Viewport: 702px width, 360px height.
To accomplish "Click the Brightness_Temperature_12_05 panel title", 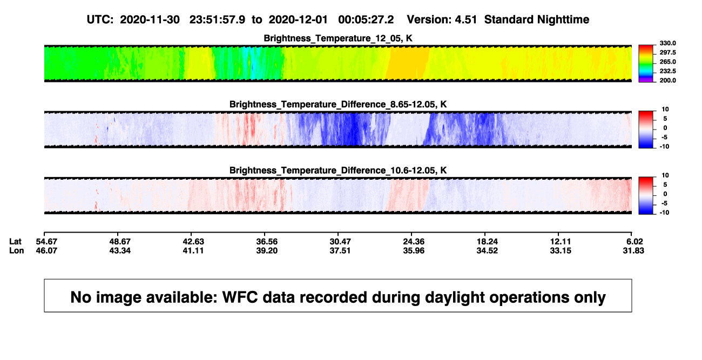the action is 338,38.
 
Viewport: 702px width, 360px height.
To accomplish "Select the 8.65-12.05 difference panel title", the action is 338,104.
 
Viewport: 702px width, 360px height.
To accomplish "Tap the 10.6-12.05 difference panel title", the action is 338,171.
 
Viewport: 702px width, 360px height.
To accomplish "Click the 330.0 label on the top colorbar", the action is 667,43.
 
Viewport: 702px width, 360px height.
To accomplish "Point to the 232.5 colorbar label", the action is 667,71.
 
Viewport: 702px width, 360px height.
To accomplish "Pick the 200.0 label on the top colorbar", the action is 667,80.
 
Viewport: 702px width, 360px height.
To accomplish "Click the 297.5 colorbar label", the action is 667,53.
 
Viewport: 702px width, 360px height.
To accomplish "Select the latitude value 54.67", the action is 46,242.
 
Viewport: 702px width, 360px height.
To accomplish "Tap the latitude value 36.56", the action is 267,242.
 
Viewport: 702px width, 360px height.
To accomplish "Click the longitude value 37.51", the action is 340,250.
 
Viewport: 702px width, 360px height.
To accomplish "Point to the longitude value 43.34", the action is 120,250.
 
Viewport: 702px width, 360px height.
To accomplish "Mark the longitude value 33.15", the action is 561,250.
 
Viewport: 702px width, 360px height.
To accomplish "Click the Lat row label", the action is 15,242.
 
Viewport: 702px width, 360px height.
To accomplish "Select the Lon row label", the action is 17,250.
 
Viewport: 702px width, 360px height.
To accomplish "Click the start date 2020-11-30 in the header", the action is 150,20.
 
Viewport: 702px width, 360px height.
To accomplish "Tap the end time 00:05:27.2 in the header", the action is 366,20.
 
